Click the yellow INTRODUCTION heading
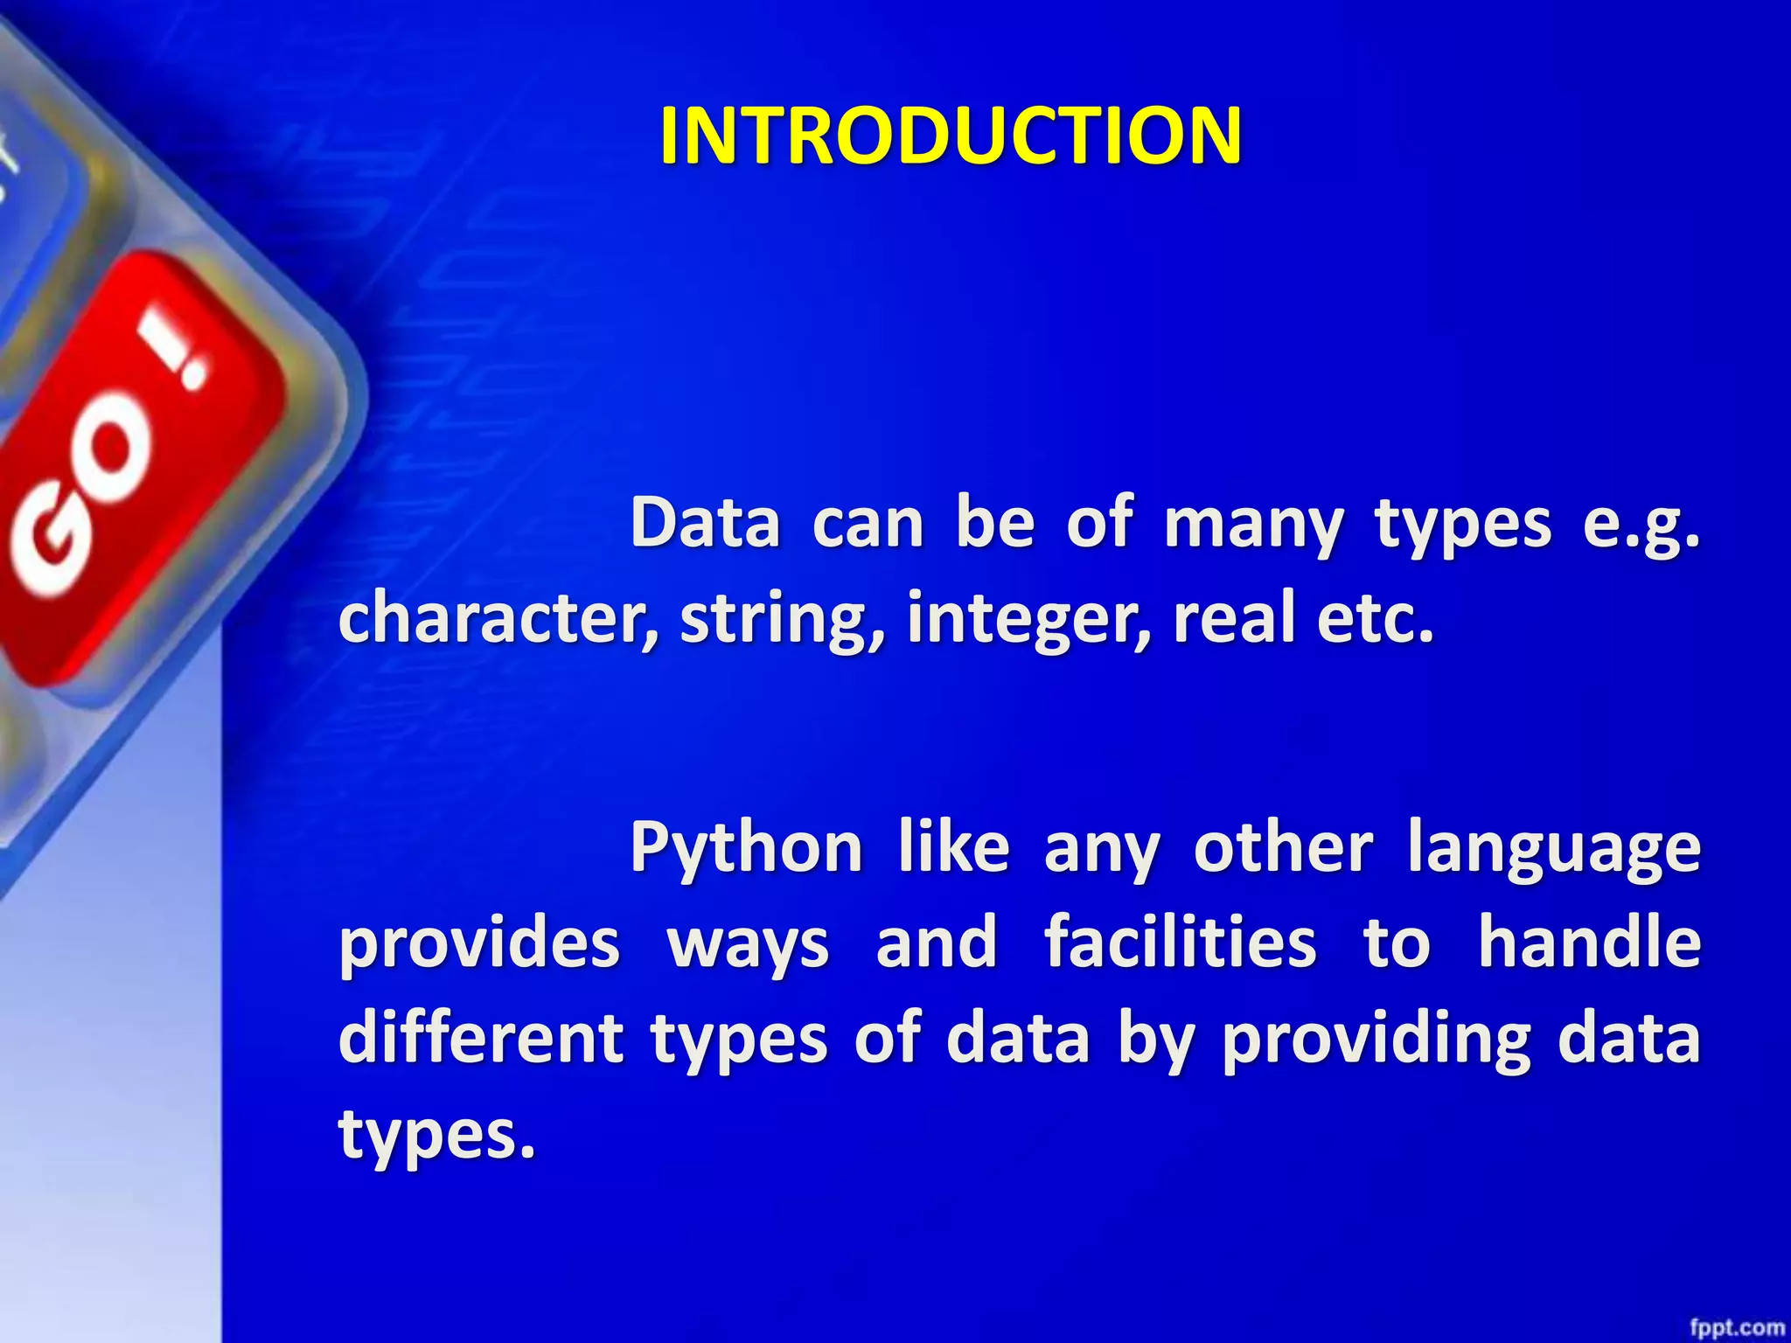pyautogui.click(x=950, y=136)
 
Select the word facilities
pyautogui.click(x=1180, y=943)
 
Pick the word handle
pyautogui.click(x=1589, y=943)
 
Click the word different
pyautogui.click(x=481, y=1038)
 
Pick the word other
pyautogui.click(x=1283, y=848)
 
